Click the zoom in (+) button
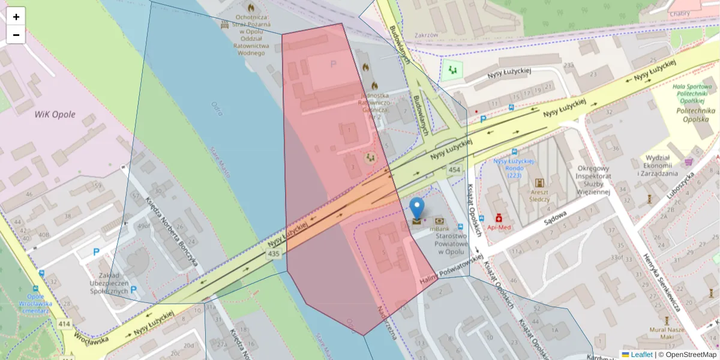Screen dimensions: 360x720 (x=16, y=17)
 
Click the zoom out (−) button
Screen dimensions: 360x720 (x=16, y=35)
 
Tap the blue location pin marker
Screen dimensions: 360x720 (x=417, y=208)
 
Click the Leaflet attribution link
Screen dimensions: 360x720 (x=641, y=355)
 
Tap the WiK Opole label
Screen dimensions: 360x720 (x=55, y=115)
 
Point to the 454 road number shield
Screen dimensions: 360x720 (x=454, y=170)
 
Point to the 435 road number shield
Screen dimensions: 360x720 (x=274, y=254)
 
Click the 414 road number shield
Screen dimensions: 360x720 (x=65, y=324)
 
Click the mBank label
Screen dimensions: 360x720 (x=440, y=229)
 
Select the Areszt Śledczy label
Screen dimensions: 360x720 (x=539, y=195)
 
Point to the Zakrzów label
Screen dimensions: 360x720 (x=426, y=35)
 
